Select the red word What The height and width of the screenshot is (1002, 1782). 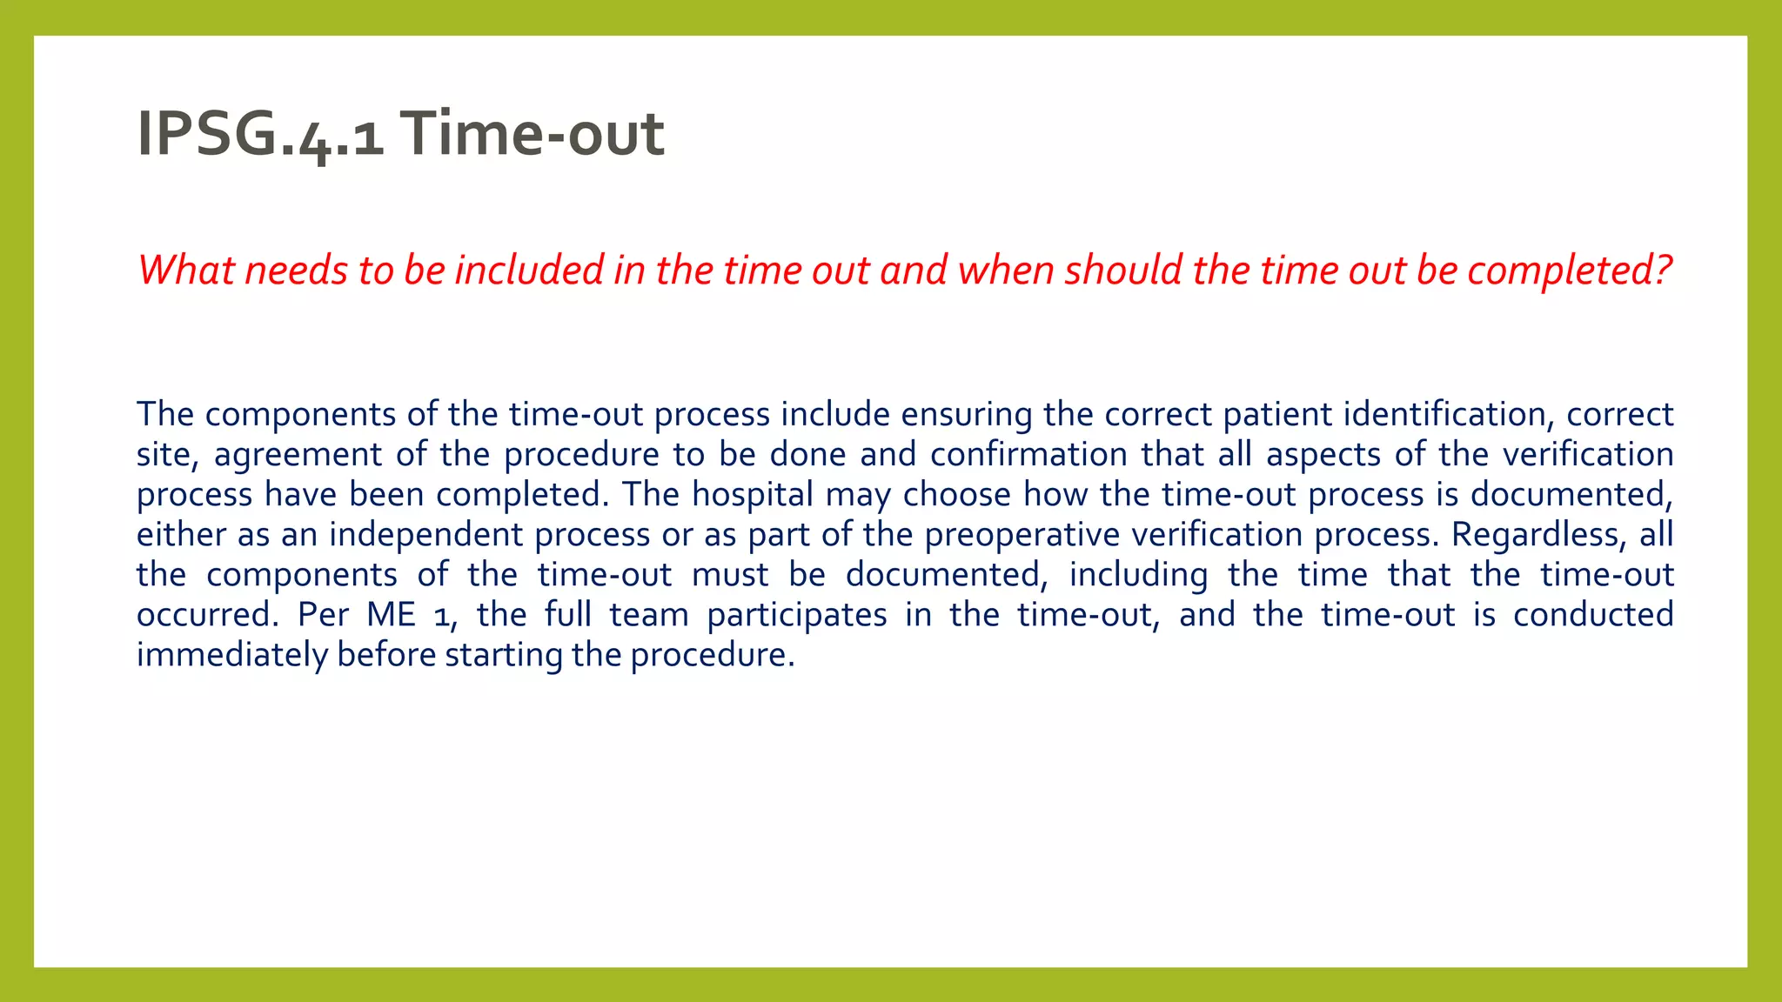[186, 270]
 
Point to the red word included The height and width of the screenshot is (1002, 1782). [529, 270]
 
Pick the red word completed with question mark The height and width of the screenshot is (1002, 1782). [1570, 270]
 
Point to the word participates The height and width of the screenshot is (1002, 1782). [797, 615]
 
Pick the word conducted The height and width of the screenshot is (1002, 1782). [1593, 615]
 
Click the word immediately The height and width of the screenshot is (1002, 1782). [231, 655]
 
